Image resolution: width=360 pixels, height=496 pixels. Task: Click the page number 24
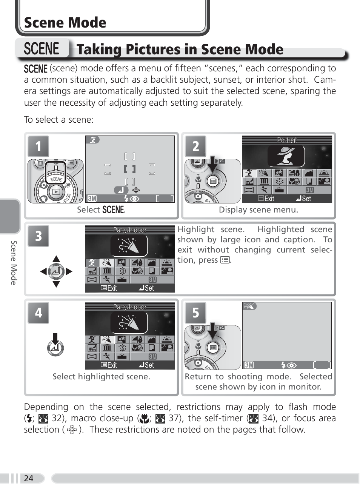click(x=29, y=478)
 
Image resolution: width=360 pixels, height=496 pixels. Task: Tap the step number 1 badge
click(x=38, y=146)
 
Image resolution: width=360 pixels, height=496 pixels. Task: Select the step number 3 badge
click(x=38, y=236)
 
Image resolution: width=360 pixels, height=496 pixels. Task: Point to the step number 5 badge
click(x=196, y=313)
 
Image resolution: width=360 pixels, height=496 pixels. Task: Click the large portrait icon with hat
click(x=286, y=156)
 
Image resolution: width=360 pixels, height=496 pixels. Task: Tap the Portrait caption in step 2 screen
click(x=287, y=140)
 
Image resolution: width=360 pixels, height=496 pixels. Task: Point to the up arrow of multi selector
click(x=56, y=259)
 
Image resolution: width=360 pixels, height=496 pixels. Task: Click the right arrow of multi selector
click(x=69, y=271)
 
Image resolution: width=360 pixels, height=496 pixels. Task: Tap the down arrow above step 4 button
click(x=55, y=339)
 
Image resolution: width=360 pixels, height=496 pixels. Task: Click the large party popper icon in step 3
click(x=129, y=246)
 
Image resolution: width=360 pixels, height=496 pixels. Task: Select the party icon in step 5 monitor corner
click(x=249, y=306)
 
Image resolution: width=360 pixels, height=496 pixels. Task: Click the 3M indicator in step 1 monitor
click(x=92, y=199)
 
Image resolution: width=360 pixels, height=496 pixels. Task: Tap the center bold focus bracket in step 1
click(x=130, y=169)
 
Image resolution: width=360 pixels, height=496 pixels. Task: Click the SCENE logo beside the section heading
click(x=42, y=48)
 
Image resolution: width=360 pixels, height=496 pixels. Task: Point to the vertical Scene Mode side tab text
click(x=14, y=263)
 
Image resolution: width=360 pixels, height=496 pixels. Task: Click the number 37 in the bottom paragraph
click(x=174, y=418)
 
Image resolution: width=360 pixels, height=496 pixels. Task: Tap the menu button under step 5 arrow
click(x=213, y=348)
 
